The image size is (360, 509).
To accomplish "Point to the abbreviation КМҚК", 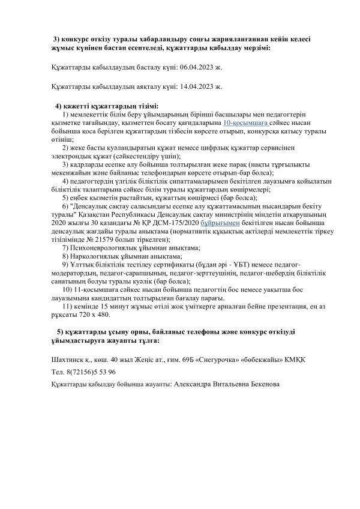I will click(293, 360).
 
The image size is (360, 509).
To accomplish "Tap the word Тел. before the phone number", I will click(59, 372).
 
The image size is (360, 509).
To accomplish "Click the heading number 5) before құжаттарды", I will click(59, 332).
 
